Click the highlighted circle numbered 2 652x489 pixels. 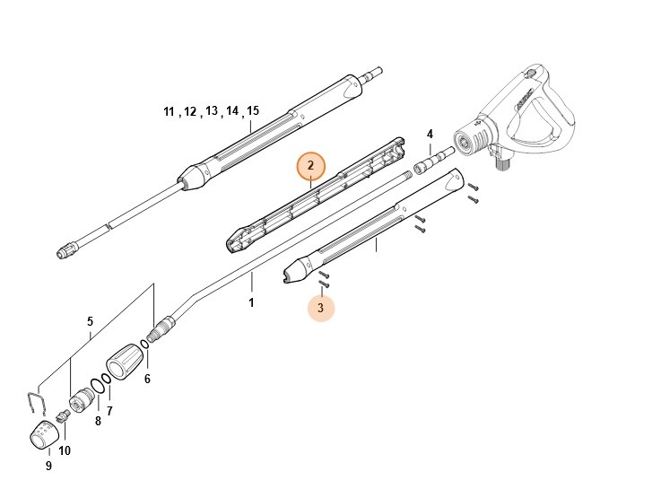[310, 165]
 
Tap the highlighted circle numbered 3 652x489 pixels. [321, 308]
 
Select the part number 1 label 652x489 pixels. [251, 303]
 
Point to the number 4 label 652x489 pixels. [430, 135]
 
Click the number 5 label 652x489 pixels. [90, 321]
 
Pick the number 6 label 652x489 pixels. [147, 379]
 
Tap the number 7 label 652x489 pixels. [109, 411]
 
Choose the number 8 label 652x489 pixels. [98, 420]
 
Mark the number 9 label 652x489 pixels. [48, 466]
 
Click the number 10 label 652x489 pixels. [64, 450]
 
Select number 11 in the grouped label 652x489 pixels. [169, 112]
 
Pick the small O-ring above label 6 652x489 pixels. [144, 348]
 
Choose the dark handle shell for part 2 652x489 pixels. [314, 194]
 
